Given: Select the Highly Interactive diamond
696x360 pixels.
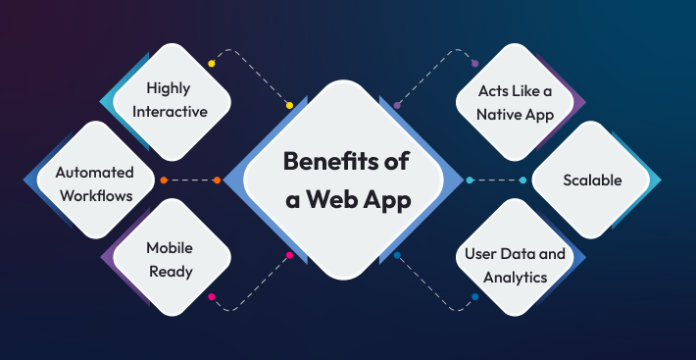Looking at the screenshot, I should pyautogui.click(x=176, y=100).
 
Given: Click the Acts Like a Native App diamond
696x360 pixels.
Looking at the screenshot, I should pyautogui.click(x=516, y=102).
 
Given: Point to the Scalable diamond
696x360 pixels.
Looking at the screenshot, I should pyautogui.click(x=591, y=180).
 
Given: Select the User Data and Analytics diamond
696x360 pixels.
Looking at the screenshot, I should pyautogui.click(x=515, y=265).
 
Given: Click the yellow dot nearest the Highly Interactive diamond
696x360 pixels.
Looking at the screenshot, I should pyautogui.click(x=211, y=64).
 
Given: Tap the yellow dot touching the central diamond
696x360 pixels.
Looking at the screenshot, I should pyautogui.click(x=289, y=105).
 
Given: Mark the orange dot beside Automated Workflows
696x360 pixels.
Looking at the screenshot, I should pyautogui.click(x=164, y=180).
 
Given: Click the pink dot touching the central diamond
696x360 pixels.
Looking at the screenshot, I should pyautogui.click(x=289, y=256).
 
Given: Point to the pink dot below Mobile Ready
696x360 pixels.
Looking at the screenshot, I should pyautogui.click(x=211, y=296).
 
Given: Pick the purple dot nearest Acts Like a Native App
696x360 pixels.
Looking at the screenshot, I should pyautogui.click(x=475, y=64).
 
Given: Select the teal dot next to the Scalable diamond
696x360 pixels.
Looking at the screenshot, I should pyautogui.click(x=523, y=180).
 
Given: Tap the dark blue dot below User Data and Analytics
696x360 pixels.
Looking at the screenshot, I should pyautogui.click(x=475, y=296).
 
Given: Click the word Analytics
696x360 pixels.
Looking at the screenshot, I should pyautogui.click(x=515, y=278).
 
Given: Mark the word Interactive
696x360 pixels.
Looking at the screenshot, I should pyautogui.click(x=176, y=112).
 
